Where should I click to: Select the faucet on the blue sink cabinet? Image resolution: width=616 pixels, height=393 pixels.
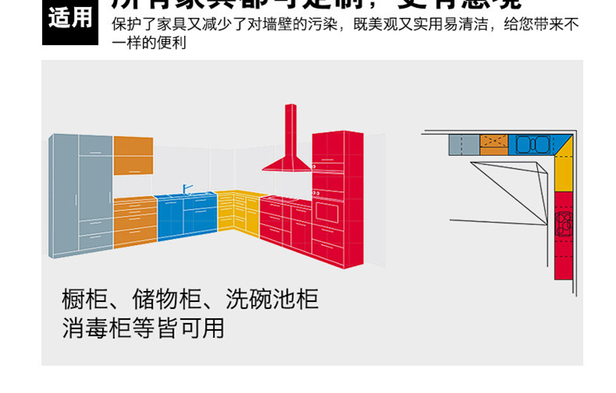(x=186, y=189)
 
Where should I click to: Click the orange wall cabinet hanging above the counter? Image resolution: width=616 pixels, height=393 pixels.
(x=133, y=155)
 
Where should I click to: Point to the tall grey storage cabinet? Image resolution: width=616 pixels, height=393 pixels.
(x=81, y=195)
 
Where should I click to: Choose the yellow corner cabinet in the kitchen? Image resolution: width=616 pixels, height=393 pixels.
(x=239, y=211)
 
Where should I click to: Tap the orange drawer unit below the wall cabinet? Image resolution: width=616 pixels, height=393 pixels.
(x=135, y=222)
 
